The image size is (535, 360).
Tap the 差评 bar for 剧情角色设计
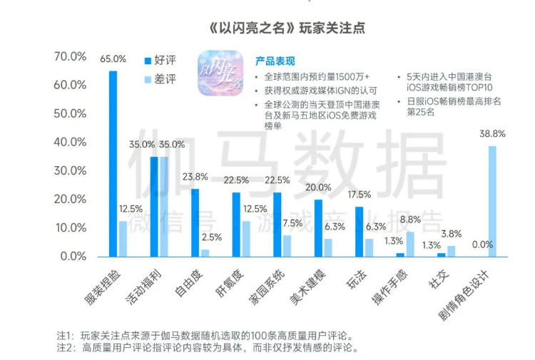492,200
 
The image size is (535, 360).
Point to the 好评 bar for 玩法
360,231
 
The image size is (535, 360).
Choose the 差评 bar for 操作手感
409,243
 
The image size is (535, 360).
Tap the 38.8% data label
492,133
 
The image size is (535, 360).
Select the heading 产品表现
275,61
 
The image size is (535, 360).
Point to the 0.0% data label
482,245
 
